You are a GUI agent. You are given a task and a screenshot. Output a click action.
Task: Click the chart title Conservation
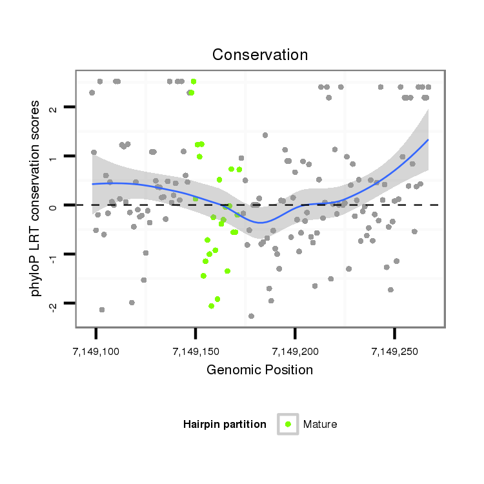[x=260, y=55]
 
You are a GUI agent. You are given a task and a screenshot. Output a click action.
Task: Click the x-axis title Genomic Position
[x=260, y=370]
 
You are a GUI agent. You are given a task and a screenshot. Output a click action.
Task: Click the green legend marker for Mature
[x=288, y=424]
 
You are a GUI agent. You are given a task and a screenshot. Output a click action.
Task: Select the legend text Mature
[x=320, y=425]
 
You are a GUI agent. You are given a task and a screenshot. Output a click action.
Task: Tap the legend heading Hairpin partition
[x=225, y=425]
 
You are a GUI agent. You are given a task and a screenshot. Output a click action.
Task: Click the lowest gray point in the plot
[x=251, y=316]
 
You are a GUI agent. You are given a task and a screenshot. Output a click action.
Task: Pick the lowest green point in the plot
[x=211, y=306]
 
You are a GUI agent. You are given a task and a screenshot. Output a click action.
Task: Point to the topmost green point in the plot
[x=194, y=81]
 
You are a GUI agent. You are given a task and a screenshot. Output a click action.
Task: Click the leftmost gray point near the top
[x=92, y=93]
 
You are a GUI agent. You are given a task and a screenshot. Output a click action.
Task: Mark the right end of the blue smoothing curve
[x=428, y=139]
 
